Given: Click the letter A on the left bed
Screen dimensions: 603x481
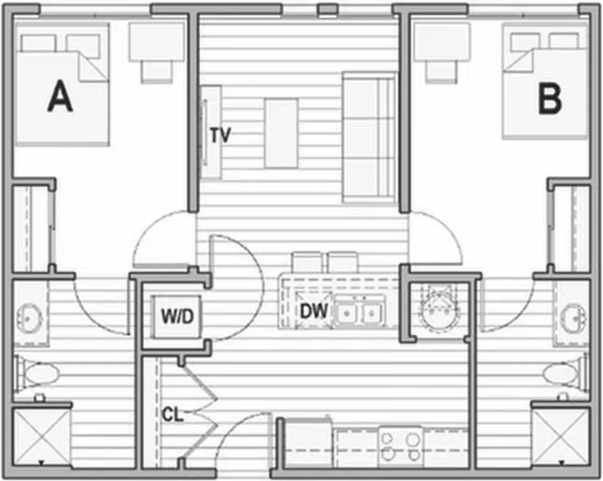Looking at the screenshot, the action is (60, 96).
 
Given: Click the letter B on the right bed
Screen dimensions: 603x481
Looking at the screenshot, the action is (550, 99).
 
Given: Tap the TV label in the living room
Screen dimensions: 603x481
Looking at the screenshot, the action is (221, 135).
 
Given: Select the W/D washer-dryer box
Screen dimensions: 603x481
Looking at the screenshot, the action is (177, 317).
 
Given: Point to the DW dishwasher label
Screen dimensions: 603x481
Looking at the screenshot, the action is (314, 311).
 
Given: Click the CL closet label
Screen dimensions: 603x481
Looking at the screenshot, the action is (172, 415).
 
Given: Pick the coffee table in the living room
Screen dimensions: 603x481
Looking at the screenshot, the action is (281, 134).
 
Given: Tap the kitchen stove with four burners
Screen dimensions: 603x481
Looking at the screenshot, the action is (400, 447).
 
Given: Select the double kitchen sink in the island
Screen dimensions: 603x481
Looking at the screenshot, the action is (360, 312).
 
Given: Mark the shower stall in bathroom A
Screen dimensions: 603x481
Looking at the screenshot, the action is (41, 438).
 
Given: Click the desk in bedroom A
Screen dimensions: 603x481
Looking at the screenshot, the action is (157, 42).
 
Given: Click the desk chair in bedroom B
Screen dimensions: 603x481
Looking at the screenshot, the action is (441, 71).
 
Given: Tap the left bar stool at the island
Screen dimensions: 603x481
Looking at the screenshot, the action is (306, 262).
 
